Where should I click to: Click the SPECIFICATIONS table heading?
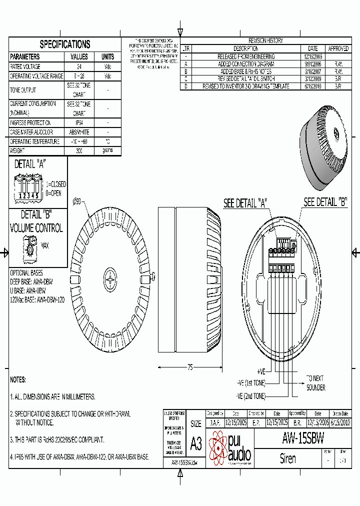tap(65, 44)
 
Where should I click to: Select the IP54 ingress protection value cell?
tap(79, 123)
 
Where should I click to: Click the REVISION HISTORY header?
tap(265, 40)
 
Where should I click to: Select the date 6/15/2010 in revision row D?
tap(312, 86)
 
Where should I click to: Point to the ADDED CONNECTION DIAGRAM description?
tap(245, 64)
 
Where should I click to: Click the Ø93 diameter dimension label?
tap(77, 201)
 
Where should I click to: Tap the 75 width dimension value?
tap(190, 367)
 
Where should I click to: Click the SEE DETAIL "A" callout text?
tap(245, 203)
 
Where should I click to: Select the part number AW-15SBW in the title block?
tap(303, 438)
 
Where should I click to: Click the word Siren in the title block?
tap(288, 458)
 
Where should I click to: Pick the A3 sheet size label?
tap(196, 443)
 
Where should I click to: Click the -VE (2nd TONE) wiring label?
tap(251, 395)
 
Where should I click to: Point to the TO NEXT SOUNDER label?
tap(315, 382)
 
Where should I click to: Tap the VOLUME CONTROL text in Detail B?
tap(36, 228)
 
